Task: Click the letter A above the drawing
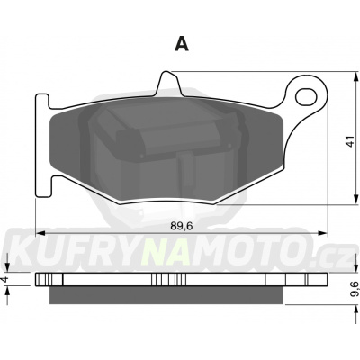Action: pos(182,44)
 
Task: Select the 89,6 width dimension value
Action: pos(181,226)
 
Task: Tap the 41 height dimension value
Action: pos(349,141)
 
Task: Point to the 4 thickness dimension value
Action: pos(4,279)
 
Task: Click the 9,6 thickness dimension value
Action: pos(355,288)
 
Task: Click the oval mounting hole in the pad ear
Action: pos(306,96)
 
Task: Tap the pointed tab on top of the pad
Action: pos(169,83)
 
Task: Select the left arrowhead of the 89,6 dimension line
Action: pos(40,233)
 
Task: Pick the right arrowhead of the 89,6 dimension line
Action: pos(322,233)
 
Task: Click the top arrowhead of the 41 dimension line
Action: pos(355,76)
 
